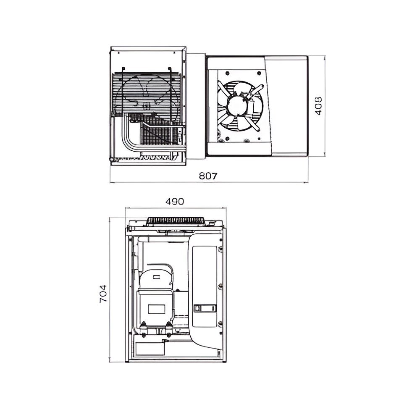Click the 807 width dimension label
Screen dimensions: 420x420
[x=208, y=176]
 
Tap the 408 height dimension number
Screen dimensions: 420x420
[x=318, y=106]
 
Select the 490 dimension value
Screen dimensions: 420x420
[x=175, y=201]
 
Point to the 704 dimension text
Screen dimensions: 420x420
[x=103, y=294]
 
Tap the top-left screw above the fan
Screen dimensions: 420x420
[x=227, y=73]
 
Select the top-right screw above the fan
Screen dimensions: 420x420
[x=258, y=73]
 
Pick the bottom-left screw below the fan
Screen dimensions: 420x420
[x=227, y=138]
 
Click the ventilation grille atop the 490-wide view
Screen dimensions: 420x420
[x=176, y=221]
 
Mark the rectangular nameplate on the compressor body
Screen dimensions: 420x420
[x=156, y=309]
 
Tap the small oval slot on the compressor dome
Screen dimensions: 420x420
[x=156, y=277]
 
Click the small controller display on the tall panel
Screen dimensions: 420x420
[x=205, y=308]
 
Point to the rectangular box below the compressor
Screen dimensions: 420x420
[x=150, y=349]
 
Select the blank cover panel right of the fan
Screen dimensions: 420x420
[x=289, y=105]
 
